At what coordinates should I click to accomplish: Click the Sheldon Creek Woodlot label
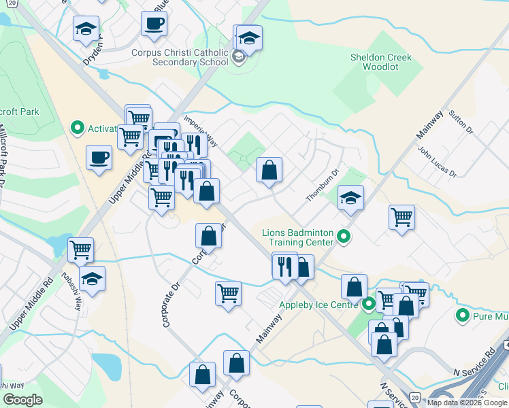tap(381, 63)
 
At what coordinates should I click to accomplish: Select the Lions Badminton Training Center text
tap(298, 237)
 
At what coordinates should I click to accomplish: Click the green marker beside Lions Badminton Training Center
tap(344, 237)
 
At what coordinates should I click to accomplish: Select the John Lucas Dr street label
tap(436, 162)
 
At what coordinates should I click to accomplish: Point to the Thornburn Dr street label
tap(321, 186)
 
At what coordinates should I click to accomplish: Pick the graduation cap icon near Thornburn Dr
tap(351, 198)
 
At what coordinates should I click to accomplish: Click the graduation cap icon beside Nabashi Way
tap(93, 278)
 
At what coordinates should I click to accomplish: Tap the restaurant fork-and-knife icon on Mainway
tap(284, 266)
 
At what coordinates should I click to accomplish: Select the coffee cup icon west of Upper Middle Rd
tap(99, 158)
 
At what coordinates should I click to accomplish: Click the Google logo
tap(22, 400)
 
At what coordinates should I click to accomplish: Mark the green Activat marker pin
tap(77, 128)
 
